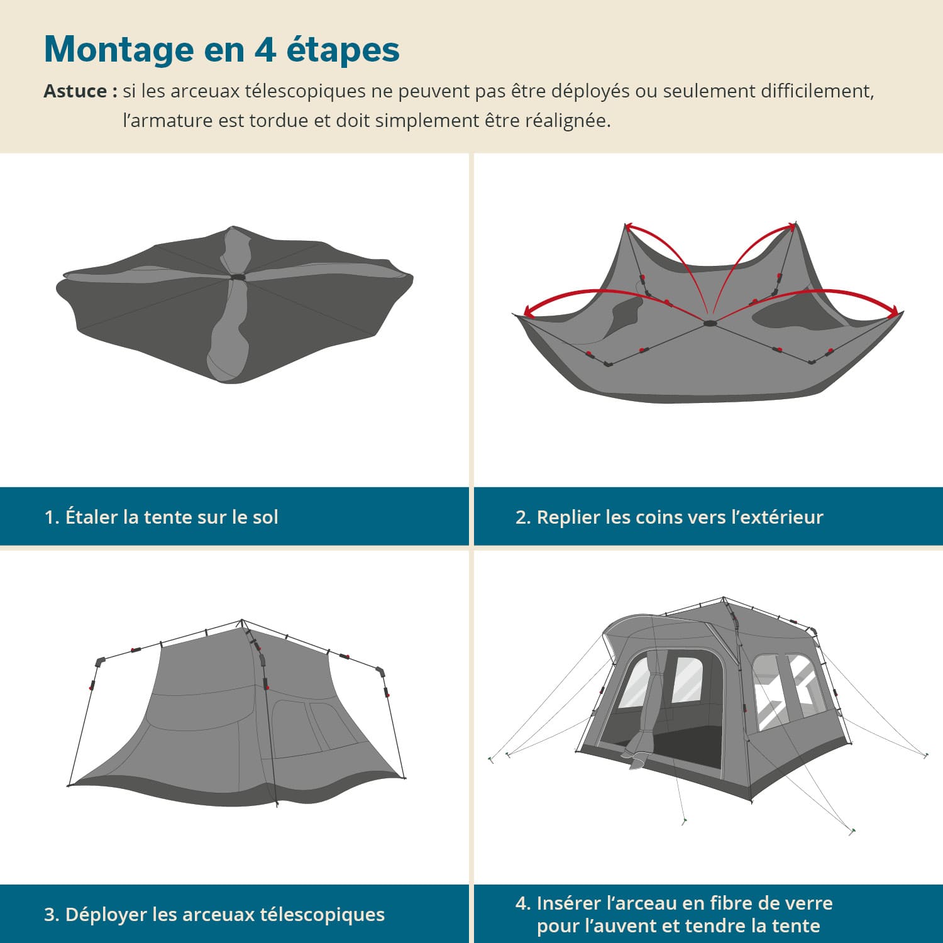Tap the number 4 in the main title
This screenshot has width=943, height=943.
[x=265, y=49]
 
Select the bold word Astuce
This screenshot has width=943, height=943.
[x=75, y=91]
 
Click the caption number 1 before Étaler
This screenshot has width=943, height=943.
[x=50, y=517]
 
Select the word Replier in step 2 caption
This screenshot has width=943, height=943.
[x=568, y=517]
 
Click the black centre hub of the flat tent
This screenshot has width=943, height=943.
[x=238, y=277]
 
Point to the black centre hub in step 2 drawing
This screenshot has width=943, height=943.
[x=710, y=323]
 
